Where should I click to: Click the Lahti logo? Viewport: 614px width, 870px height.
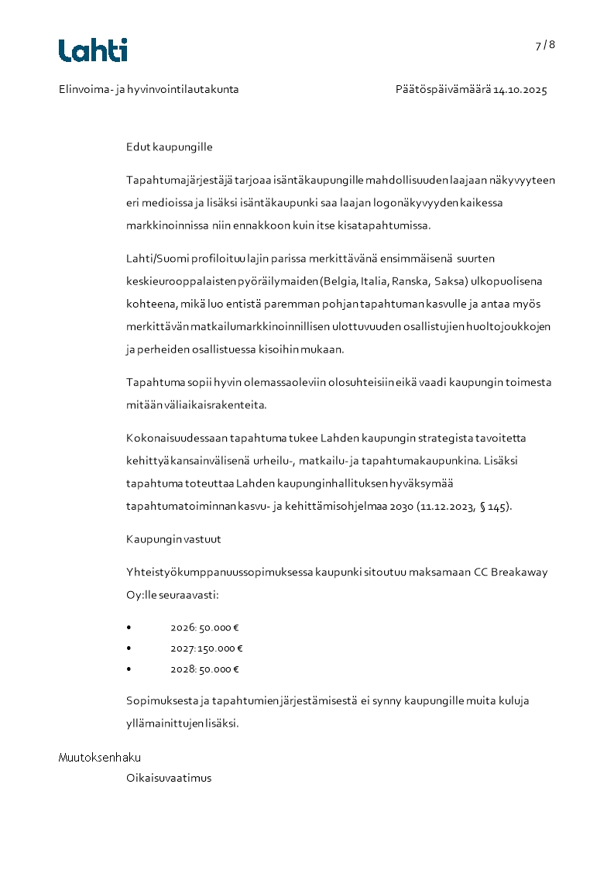93,50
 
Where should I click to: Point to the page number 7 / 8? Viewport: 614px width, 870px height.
545,45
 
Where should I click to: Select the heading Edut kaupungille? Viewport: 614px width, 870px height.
169,147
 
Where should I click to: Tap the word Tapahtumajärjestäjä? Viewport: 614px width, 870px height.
176,181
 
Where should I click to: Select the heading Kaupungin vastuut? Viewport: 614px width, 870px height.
173,539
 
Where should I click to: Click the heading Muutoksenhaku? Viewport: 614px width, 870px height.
100,758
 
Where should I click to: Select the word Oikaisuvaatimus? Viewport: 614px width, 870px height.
169,779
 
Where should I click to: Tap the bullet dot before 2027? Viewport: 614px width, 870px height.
129,649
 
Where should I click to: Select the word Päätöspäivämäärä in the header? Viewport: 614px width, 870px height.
442,90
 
